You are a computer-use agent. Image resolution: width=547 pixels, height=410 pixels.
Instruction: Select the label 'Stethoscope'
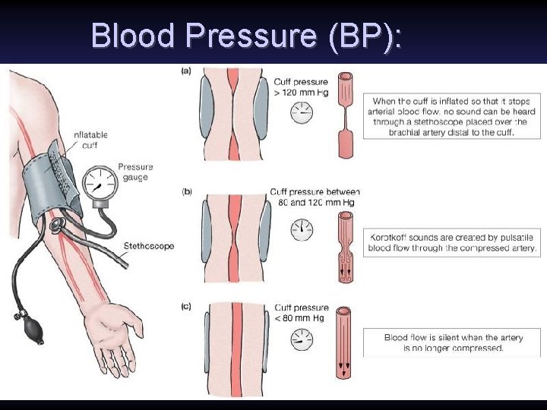[x=148, y=246]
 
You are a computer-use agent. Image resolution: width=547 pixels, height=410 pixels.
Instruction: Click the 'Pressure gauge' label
[x=135, y=172]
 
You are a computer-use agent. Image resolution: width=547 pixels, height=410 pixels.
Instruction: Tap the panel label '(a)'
[x=186, y=71]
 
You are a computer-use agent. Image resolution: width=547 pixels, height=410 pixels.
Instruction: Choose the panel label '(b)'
[x=187, y=191]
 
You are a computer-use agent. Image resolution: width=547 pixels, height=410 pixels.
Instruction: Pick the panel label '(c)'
[x=186, y=307]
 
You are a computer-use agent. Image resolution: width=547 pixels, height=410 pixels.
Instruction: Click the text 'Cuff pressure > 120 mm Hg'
[x=302, y=87]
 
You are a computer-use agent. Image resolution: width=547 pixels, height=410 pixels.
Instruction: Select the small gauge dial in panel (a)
[x=302, y=113]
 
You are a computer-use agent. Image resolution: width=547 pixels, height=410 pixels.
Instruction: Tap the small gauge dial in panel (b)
[x=302, y=229]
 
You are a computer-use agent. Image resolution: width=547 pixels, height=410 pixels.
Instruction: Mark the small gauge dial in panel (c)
[x=302, y=339]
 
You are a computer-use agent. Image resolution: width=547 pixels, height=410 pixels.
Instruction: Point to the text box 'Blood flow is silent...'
[x=453, y=342]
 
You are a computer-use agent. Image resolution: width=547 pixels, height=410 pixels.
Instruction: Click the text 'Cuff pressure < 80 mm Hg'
[x=302, y=313]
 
